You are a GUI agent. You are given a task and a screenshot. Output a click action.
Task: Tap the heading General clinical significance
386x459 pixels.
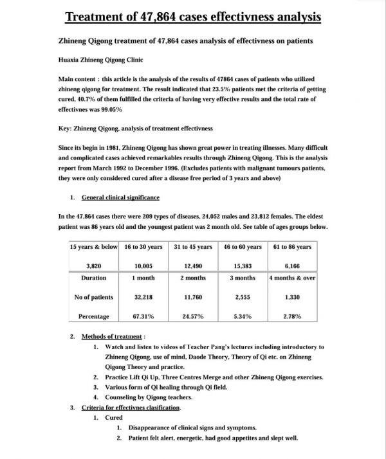120,197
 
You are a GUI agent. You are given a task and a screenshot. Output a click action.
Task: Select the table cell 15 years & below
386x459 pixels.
93,247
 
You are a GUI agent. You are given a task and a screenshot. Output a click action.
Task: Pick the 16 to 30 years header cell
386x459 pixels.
143,247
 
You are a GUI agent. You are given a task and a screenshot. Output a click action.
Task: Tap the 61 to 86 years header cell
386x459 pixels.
292,247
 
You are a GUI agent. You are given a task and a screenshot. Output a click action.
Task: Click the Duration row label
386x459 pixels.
93,278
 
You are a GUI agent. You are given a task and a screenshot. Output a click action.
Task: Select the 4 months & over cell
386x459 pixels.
292,278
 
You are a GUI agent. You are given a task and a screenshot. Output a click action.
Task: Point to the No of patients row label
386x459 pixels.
93,297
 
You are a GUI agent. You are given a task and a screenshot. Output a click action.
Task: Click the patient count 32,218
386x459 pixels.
143,297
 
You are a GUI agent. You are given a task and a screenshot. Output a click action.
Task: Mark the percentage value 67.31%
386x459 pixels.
143,316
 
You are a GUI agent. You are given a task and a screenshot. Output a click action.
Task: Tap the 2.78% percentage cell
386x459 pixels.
292,316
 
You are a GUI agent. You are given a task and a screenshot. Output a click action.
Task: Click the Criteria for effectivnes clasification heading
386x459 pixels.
131,408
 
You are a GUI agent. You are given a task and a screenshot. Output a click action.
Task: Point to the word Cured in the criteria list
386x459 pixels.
114,418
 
